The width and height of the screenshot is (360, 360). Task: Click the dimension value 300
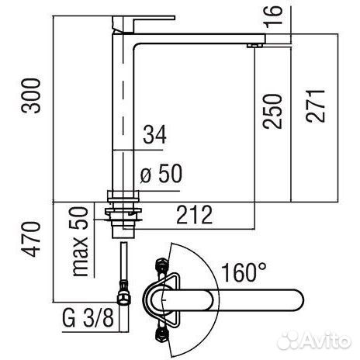coord(31,95)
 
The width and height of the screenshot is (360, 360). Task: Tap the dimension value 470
coord(31,239)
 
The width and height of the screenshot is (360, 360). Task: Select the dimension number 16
coord(273,16)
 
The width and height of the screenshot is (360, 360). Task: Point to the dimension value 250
coord(272,112)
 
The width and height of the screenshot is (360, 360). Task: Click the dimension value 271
coord(315,106)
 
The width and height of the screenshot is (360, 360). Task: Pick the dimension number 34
coord(154,134)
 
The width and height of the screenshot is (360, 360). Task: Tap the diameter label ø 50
coord(161,173)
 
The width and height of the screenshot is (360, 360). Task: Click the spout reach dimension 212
coord(195,214)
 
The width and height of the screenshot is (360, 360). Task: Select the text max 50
coord(79,242)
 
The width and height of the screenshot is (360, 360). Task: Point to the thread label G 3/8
coord(88,318)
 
